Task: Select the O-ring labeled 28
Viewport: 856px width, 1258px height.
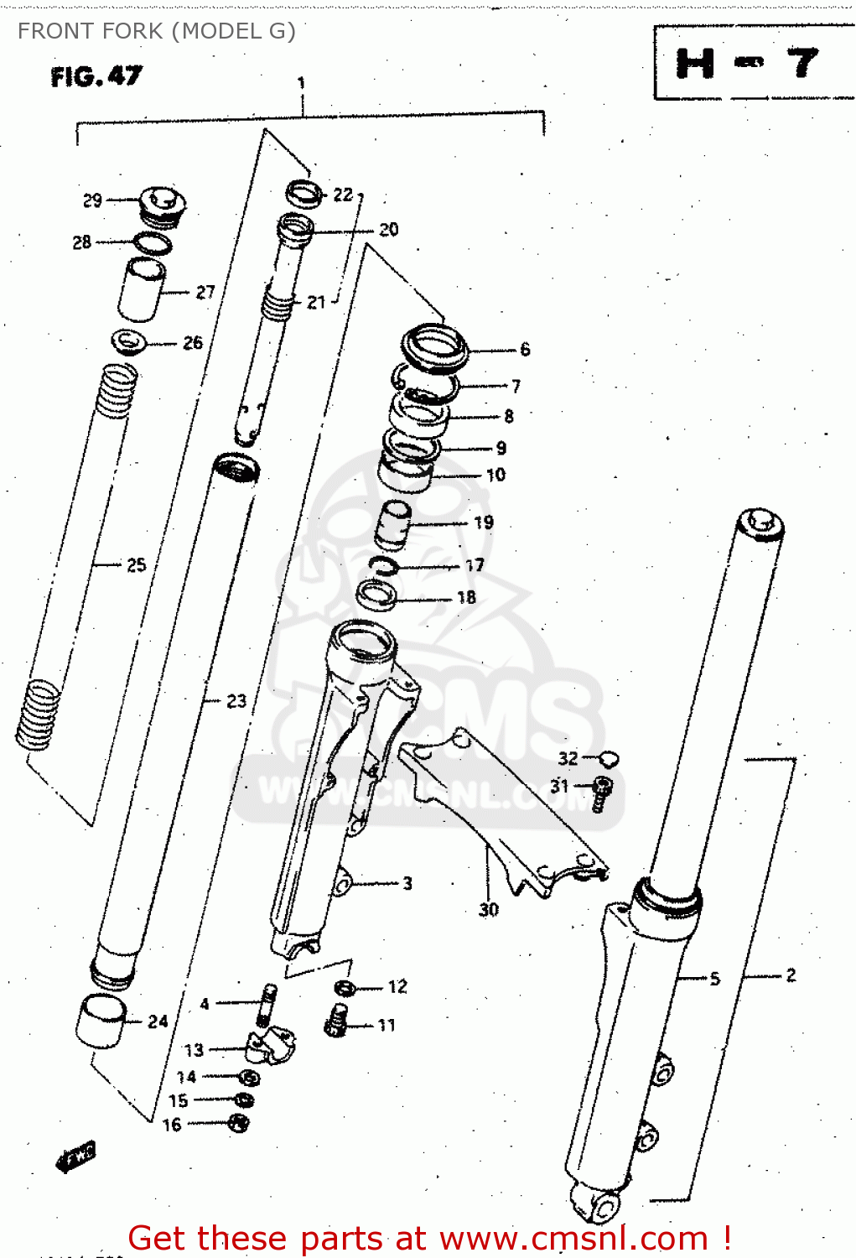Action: click(153, 244)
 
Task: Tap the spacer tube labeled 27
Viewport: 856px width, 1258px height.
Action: click(141, 289)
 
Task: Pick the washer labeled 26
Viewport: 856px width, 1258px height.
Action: click(128, 341)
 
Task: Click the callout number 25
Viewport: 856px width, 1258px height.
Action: click(137, 565)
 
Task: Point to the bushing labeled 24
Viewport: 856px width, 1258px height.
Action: click(101, 1021)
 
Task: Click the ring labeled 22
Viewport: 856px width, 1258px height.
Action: click(304, 193)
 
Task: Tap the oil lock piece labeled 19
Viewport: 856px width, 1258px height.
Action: click(393, 524)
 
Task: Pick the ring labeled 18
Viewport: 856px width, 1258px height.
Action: click(376, 595)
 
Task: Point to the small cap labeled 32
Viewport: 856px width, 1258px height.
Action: click(610, 759)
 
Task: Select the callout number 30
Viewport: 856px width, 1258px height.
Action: click(489, 910)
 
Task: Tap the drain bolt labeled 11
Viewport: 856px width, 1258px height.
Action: click(336, 1021)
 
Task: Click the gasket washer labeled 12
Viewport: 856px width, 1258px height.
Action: click(345, 987)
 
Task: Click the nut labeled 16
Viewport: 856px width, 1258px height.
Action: click(239, 1123)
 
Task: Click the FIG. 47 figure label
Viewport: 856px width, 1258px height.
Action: click(96, 77)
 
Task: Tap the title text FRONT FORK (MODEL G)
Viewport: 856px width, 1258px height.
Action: click(157, 31)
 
